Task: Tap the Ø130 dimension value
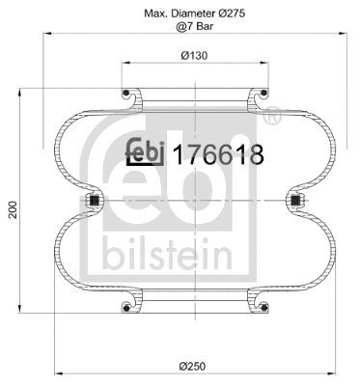coord(196,56)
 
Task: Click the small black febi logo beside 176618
coord(148,152)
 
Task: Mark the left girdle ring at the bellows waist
coord(95,201)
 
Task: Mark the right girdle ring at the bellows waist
coord(294,201)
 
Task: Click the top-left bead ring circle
coord(127,94)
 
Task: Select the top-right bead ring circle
coord(263,94)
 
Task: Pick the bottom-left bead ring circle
coord(127,308)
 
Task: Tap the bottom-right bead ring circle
coord(263,308)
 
